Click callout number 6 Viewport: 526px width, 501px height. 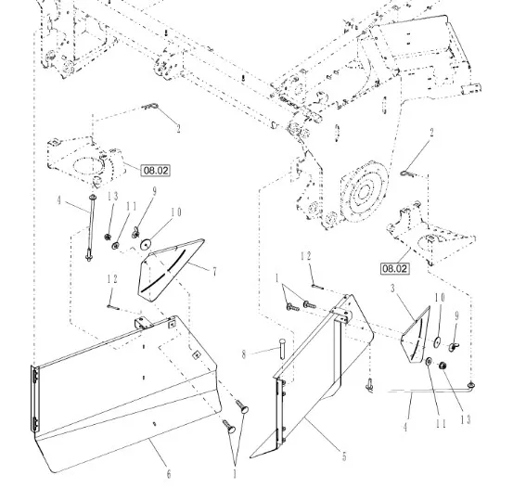click(169, 474)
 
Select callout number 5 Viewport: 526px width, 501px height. click(344, 456)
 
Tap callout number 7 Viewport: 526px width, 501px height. click(214, 272)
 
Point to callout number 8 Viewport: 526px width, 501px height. click(244, 354)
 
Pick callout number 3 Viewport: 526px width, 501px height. click(392, 289)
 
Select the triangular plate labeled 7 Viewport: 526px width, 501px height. click(170, 269)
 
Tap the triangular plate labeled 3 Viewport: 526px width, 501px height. click(417, 335)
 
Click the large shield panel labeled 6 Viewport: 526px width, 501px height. click(127, 392)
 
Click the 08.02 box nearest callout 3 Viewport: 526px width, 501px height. click(395, 269)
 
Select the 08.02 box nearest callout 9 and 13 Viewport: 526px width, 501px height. click(155, 170)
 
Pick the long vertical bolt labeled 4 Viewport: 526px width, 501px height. click(90, 228)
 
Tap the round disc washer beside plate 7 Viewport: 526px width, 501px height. click(146, 244)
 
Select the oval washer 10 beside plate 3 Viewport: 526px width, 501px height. click(438, 341)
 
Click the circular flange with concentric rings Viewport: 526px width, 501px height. click(364, 192)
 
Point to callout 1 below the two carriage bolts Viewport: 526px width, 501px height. click(235, 474)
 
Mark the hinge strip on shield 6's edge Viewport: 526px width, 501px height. click(34, 399)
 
